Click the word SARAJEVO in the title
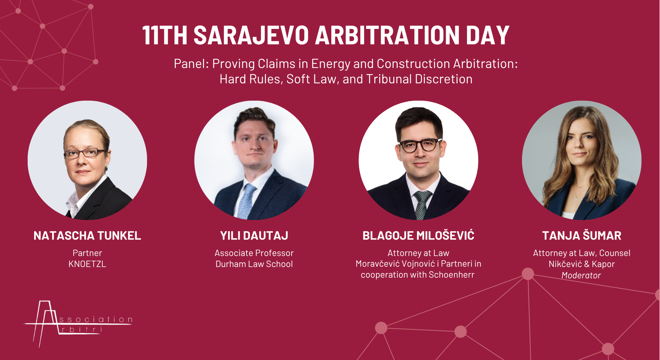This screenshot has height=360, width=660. pyautogui.click(x=251, y=35)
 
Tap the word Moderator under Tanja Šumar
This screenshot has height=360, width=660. pyautogui.click(x=581, y=275)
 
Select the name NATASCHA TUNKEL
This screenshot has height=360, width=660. pyautogui.click(x=87, y=236)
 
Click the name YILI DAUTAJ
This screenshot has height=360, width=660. pyautogui.click(x=254, y=236)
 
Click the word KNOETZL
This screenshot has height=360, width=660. pyautogui.click(x=87, y=264)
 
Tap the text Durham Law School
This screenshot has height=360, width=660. pyautogui.click(x=254, y=264)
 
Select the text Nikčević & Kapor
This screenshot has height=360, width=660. pyautogui.click(x=582, y=264)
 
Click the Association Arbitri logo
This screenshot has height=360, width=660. pyautogui.click(x=78, y=323)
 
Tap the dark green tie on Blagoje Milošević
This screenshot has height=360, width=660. pyautogui.click(x=422, y=205)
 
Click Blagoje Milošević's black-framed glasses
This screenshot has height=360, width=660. pyautogui.click(x=421, y=145)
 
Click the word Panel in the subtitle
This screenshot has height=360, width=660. pyautogui.click(x=191, y=63)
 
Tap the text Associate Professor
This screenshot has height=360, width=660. pyautogui.click(x=254, y=253)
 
